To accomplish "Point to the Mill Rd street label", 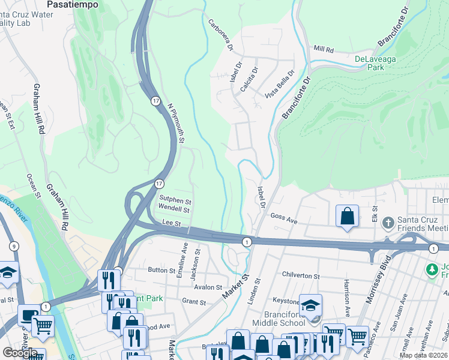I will coord(322,50).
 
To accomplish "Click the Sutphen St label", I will coord(175,200).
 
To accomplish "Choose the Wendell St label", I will coord(173,209).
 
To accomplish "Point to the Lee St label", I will coord(172,223).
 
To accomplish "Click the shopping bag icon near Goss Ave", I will coord(348,216).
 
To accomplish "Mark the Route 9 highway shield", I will coord(14,246).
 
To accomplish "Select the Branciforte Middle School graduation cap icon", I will coord(310,305).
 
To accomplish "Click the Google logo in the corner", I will coord(19,353).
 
